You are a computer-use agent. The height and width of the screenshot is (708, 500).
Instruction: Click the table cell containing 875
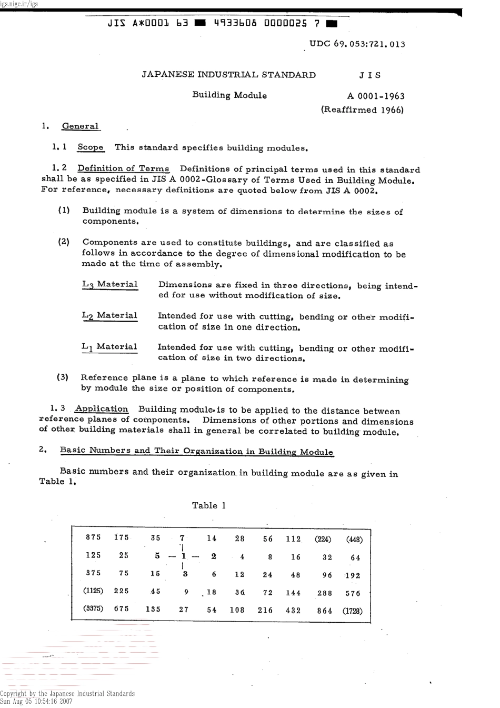click(x=93, y=537)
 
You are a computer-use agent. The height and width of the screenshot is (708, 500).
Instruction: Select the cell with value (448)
click(x=354, y=539)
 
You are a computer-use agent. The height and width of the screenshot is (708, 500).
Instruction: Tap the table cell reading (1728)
click(x=352, y=611)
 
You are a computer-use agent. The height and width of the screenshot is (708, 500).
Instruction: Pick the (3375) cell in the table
click(x=94, y=609)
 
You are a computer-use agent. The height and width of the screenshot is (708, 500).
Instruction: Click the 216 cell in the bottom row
click(x=265, y=611)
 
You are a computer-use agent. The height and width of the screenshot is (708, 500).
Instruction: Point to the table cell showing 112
click(x=293, y=539)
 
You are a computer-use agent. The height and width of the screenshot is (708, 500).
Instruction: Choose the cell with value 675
click(x=122, y=609)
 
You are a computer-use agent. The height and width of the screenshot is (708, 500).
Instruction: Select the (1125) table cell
click(x=94, y=591)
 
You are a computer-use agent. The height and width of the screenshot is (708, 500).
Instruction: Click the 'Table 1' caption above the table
click(x=209, y=506)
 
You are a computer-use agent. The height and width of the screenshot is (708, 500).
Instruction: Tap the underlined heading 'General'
click(x=81, y=126)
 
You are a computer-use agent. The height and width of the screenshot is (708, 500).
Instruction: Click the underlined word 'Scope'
click(x=91, y=147)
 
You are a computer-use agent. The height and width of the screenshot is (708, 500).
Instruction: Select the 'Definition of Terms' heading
click(x=124, y=169)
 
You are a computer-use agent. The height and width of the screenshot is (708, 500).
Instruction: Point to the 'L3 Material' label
click(x=110, y=285)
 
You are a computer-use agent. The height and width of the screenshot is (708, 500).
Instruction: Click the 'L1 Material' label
click(x=109, y=347)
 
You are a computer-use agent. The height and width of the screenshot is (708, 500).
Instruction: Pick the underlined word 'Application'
click(x=102, y=409)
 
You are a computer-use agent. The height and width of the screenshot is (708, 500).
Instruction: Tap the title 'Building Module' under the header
click(x=229, y=95)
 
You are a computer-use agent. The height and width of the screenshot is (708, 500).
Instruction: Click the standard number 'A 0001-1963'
click(x=376, y=96)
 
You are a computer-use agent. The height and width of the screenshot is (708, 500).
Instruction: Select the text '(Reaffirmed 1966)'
click(x=362, y=110)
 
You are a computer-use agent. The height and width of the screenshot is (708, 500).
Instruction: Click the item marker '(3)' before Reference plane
click(x=62, y=377)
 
